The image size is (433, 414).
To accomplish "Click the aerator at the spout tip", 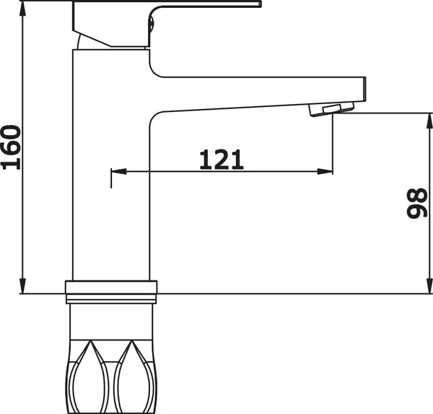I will click(x=332, y=109).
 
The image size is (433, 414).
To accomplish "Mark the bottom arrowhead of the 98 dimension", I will click(x=425, y=288).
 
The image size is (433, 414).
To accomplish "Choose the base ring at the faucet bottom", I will click(x=111, y=290).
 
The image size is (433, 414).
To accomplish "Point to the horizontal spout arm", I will click(x=260, y=90).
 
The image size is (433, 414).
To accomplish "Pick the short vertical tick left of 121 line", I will click(x=110, y=178).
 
